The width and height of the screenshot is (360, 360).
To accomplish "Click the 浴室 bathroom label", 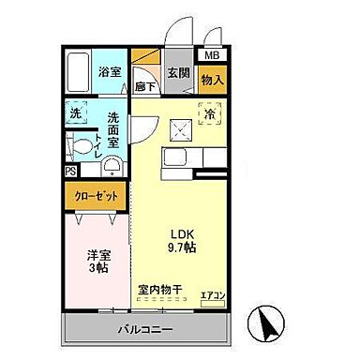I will [x=111, y=72].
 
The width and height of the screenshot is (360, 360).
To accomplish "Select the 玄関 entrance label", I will [x=178, y=72].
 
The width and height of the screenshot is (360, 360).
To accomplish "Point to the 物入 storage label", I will [x=212, y=81].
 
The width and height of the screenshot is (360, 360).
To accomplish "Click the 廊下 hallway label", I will [x=145, y=86].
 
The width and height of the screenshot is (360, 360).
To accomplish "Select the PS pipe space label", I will [x=70, y=172].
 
